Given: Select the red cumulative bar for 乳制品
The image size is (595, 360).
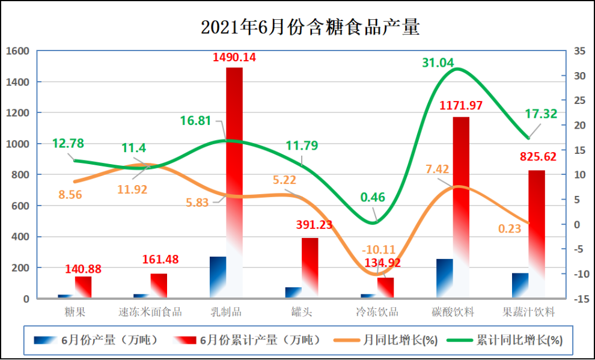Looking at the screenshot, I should coord(234,180).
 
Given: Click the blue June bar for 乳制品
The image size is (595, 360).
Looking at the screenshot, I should coord(218,276).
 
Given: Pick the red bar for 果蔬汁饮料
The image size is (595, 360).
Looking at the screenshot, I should coord(537,228).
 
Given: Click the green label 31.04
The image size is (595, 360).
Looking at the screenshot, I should coord(438,62).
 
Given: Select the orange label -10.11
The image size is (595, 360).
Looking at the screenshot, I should coord(379,249).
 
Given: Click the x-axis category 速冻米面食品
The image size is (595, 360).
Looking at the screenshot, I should coord(150,312).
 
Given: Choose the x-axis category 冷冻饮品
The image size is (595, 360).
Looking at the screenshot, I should coord(377,312).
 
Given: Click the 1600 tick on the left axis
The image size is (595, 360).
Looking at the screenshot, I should coord(17,51).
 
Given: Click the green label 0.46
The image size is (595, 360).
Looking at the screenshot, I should coord(373,197).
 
